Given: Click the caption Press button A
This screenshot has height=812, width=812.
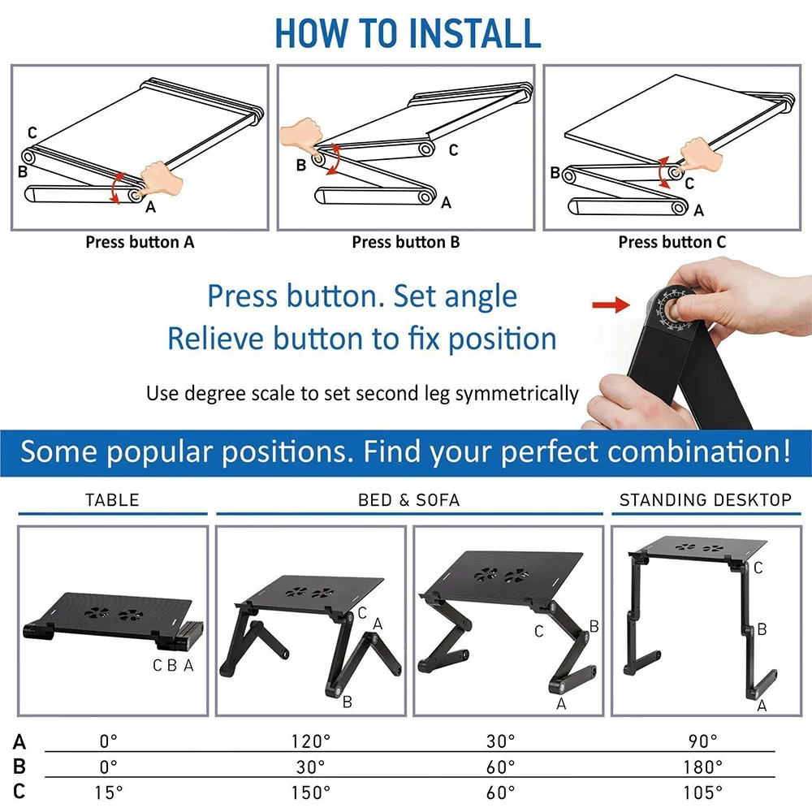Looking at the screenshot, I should coord(140,242).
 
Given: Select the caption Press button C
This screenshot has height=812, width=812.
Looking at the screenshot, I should coord(672,242).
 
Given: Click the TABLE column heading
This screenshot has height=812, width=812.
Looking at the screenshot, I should coord(112,500).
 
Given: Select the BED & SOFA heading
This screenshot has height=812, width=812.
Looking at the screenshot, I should coord(408,500).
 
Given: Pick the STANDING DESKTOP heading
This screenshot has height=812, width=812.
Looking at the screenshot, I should coord(705,500).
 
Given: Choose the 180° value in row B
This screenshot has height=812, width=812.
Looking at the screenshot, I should coord(703,767).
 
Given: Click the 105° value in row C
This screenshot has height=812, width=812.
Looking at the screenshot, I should coord(703,792).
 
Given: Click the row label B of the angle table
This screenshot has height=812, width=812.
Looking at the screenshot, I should coord(19,767).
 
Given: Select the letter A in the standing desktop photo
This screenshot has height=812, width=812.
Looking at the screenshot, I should coord(762,706).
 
